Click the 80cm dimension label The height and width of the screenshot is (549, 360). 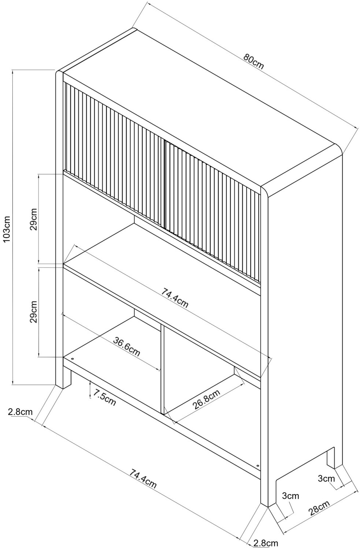[x=253, y=61]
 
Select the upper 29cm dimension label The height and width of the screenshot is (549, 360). [x=34, y=219]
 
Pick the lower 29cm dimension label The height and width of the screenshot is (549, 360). [x=34, y=312]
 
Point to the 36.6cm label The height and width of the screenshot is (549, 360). [x=127, y=347]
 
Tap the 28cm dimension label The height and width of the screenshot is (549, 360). [x=319, y=507]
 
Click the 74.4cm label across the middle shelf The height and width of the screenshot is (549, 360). [x=175, y=298]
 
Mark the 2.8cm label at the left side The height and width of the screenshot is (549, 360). [x=20, y=411]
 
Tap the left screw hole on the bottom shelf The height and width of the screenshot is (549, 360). [x=73, y=359]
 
